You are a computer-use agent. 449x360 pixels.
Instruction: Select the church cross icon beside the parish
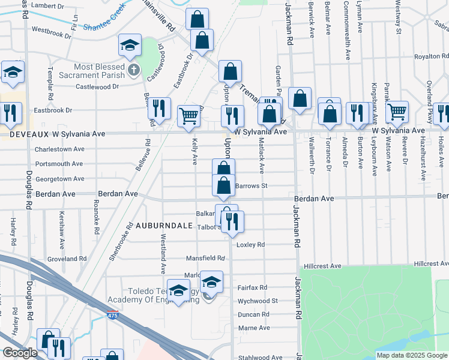coord(133,71)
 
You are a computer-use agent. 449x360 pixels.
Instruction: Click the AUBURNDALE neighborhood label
coord(163,226)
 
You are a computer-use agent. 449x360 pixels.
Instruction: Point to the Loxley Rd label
coord(251,245)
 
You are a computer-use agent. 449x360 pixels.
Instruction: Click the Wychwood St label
coord(258,301)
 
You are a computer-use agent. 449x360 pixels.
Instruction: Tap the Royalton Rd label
coord(427,57)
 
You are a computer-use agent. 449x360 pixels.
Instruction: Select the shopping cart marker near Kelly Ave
coord(189,116)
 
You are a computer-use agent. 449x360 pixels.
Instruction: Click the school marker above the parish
coord(129,46)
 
